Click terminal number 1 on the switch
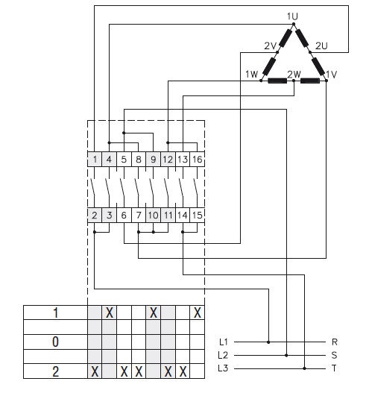coord(95,159)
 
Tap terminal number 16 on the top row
coord(197,159)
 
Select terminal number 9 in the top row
coord(153,159)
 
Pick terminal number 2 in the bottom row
coord(95,216)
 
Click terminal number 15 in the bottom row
coord(197,216)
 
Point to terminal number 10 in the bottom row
coord(153,216)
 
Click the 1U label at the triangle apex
coord(291,16)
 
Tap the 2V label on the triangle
coord(270,46)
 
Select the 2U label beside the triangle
coord(322,46)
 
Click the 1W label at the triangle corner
coord(251,74)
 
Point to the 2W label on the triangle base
coord(294,74)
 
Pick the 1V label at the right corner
coord(332,74)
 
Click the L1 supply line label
coord(224,342)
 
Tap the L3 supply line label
coord(224,368)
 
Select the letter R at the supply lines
coord(335,342)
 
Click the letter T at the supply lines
coord(335,368)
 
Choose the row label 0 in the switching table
coord(55,342)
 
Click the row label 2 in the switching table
coord(55,370)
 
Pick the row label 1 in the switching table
coord(55,312)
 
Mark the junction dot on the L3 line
coord(304,368)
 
